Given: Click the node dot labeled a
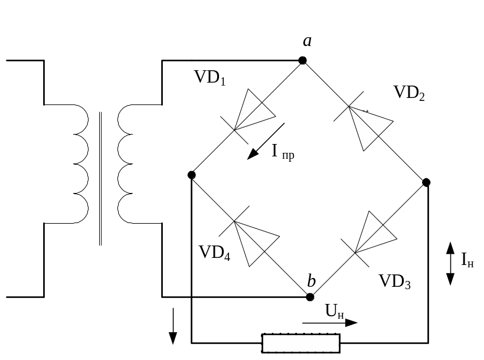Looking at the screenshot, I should (302, 60).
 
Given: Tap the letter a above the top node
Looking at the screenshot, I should (307, 41).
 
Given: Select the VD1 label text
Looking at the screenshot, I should (210, 78).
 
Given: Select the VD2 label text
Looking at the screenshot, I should (409, 93).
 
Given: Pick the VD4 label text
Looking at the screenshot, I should (214, 253).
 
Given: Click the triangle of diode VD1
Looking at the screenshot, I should (253, 109).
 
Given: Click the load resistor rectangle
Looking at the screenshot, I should (301, 342).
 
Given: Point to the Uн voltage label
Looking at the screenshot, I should (335, 311).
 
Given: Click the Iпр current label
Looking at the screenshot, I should (283, 152).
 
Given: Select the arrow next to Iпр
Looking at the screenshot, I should (266, 142).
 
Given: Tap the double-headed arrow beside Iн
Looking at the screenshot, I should (450, 263).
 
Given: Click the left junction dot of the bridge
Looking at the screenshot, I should (191, 175).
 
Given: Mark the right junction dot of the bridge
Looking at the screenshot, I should (427, 182).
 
